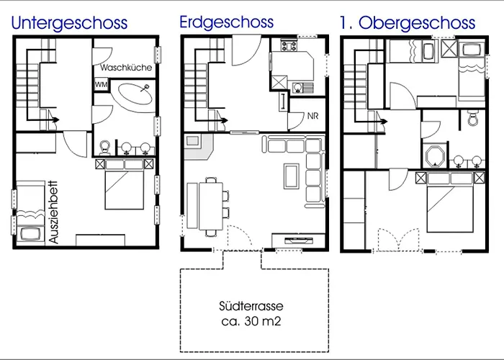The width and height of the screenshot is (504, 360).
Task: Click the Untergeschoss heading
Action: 69,23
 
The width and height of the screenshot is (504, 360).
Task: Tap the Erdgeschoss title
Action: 227,22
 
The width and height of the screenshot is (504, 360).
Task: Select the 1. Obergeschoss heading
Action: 408,23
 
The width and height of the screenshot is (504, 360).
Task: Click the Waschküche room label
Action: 126,68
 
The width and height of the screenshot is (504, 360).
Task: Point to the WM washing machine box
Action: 102,85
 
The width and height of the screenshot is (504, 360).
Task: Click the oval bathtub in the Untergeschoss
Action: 135,94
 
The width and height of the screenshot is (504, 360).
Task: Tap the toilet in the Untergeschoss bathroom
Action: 105,148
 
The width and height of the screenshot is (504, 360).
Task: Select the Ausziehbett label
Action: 54,212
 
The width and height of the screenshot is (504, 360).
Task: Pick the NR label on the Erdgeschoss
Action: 312,116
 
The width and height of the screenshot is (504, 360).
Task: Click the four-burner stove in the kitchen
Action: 289,45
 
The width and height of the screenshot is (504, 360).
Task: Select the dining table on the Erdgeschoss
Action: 211,206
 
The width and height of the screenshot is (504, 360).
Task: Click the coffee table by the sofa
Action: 292,176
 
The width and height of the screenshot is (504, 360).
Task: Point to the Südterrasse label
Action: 251,306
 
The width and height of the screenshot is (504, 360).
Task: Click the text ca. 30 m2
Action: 251,321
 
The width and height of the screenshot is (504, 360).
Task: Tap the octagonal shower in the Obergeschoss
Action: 435,156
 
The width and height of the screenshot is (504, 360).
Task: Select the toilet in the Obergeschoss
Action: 472,118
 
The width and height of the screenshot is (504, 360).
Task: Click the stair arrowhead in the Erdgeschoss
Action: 225,120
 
